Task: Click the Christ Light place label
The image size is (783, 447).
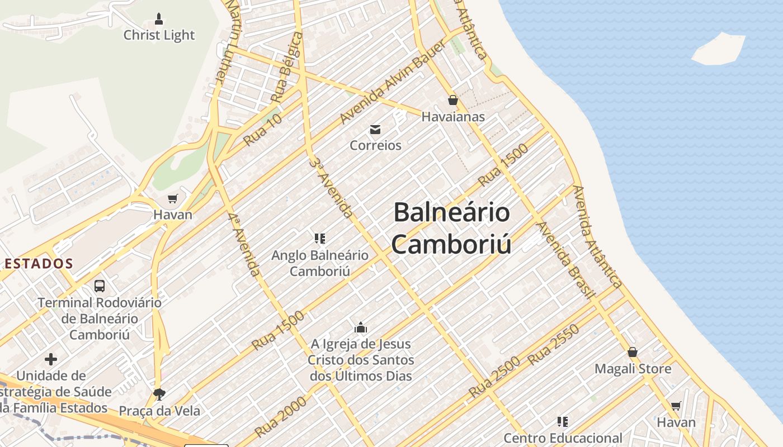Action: click(159, 35)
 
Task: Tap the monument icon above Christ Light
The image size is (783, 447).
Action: click(159, 19)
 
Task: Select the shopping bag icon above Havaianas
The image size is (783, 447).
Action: click(452, 101)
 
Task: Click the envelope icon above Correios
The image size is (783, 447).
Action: click(375, 130)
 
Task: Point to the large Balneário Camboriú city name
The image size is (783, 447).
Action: click(451, 228)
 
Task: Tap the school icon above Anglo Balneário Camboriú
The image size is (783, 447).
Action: click(320, 239)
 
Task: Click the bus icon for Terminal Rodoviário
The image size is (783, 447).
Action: click(100, 286)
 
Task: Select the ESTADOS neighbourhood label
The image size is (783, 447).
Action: click(37, 264)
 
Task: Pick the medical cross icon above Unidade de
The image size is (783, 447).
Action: click(51, 359)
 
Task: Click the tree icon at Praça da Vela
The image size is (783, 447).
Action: click(159, 394)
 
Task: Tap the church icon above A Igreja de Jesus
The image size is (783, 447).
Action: click(361, 327)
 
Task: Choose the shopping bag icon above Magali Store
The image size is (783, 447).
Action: click(633, 352)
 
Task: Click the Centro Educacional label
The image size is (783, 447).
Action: click(563, 438)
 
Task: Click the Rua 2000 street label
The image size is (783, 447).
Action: click(281, 417)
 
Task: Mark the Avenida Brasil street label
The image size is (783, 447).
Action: click(564, 260)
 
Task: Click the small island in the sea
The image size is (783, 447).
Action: click(719, 49)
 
